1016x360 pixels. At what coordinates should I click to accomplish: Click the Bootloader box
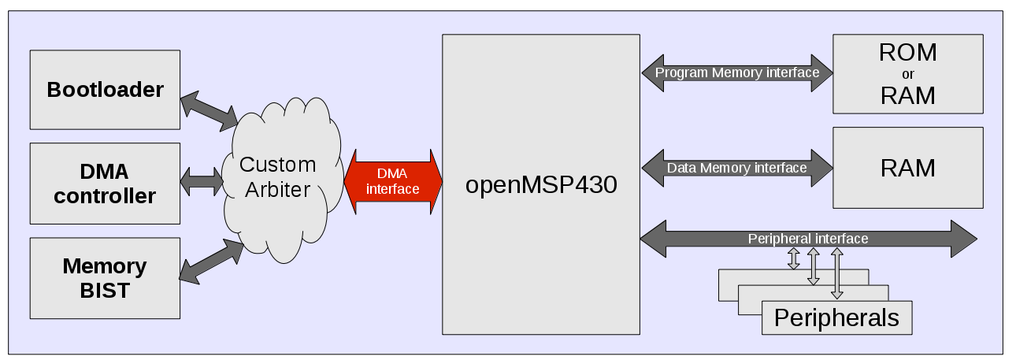105,89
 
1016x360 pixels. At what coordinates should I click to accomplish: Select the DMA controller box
105,183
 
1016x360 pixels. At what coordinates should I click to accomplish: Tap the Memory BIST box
105,277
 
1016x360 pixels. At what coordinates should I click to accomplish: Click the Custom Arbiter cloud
277,177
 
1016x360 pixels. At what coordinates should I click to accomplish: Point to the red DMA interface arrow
392,181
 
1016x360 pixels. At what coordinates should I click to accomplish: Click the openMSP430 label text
540,186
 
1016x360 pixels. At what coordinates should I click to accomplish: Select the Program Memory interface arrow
737,73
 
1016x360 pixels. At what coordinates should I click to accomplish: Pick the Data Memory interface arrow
737,168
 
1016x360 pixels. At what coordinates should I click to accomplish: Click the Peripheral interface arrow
808,239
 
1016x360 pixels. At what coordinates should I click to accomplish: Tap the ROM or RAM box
907,73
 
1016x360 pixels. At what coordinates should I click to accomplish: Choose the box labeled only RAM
907,168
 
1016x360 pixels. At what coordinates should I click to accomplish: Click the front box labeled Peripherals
836,317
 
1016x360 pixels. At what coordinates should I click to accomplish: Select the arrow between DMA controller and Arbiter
202,181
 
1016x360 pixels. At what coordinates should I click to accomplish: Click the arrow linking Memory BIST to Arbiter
212,260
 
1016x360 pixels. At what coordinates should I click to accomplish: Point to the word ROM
907,53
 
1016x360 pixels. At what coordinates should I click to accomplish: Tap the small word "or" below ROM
907,75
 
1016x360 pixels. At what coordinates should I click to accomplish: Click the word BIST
105,290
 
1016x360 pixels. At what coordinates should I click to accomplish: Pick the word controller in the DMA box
105,195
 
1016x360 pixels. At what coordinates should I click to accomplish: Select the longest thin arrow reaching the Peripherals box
837,274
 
